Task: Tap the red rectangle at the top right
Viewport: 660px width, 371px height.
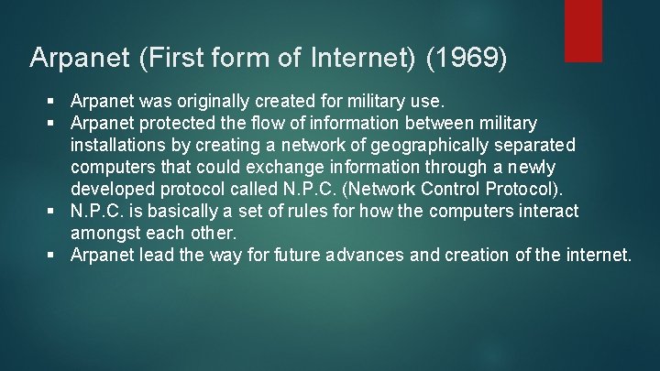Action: tap(584, 30)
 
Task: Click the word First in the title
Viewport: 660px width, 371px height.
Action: tap(170, 58)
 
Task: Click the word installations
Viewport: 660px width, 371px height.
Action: tap(118, 145)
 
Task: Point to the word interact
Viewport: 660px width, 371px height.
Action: tap(547, 211)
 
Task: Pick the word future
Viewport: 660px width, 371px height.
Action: tap(291, 255)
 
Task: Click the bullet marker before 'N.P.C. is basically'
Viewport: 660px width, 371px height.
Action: tap(57, 212)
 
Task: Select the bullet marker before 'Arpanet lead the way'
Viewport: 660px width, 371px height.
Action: tap(57, 256)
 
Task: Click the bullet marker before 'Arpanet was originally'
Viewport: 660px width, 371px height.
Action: tap(57, 102)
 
